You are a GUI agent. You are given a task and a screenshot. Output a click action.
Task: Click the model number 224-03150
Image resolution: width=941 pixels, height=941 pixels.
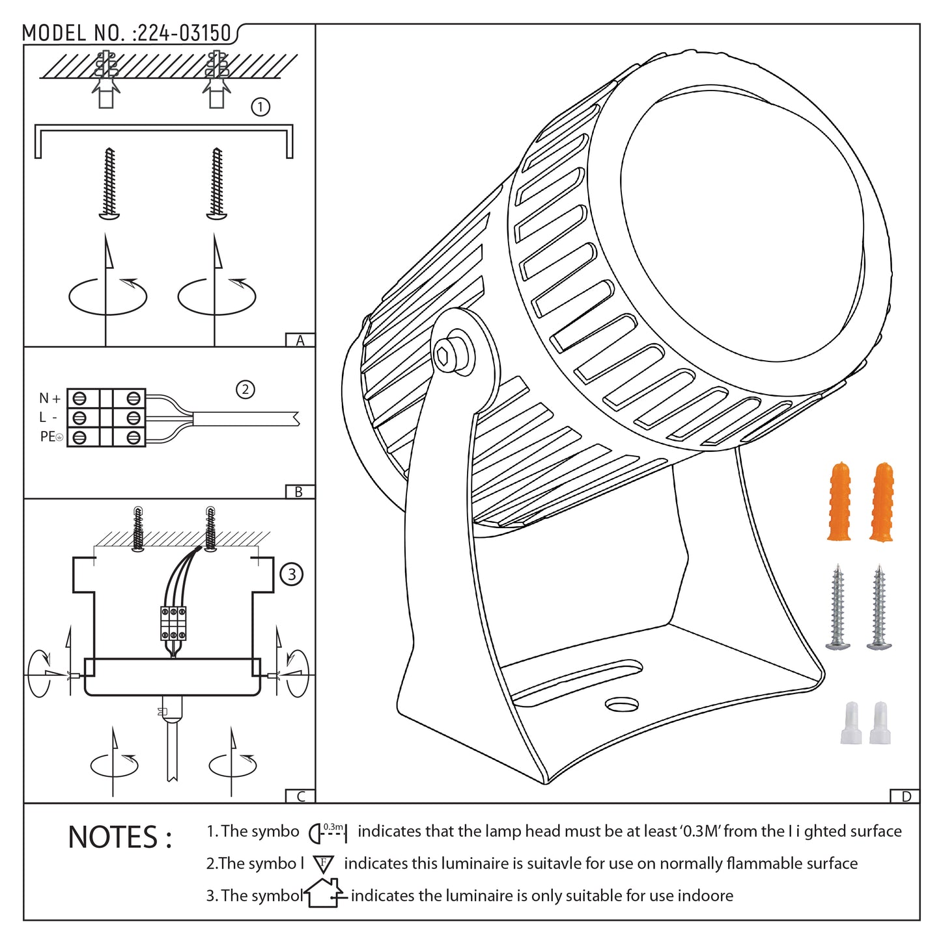point(184,33)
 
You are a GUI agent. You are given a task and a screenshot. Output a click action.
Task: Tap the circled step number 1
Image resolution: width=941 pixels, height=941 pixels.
point(260,107)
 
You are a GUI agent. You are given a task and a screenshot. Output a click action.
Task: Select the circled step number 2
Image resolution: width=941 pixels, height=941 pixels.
point(245,389)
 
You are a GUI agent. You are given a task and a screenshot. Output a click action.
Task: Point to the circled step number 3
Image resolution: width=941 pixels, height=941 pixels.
point(291,574)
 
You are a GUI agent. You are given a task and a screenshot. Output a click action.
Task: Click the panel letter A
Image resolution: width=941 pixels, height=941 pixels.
point(300,341)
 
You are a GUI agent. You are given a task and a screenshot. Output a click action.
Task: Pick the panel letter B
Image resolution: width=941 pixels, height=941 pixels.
point(299,492)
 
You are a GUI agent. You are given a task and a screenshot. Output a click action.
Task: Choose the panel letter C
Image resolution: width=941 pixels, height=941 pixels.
point(300,796)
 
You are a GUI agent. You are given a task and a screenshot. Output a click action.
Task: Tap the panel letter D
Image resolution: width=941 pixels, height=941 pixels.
point(905,796)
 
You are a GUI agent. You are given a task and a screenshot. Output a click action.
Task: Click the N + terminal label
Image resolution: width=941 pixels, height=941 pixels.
point(49,398)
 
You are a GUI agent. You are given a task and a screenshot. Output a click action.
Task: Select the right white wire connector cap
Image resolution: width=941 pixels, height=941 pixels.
point(880,723)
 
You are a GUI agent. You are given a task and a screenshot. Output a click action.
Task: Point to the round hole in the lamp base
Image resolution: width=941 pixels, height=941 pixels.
point(622,705)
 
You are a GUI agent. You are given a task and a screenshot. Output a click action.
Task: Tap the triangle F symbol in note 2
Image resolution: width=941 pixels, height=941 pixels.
point(323,864)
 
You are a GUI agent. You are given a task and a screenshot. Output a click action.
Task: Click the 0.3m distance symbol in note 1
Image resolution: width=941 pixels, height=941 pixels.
point(328,832)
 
